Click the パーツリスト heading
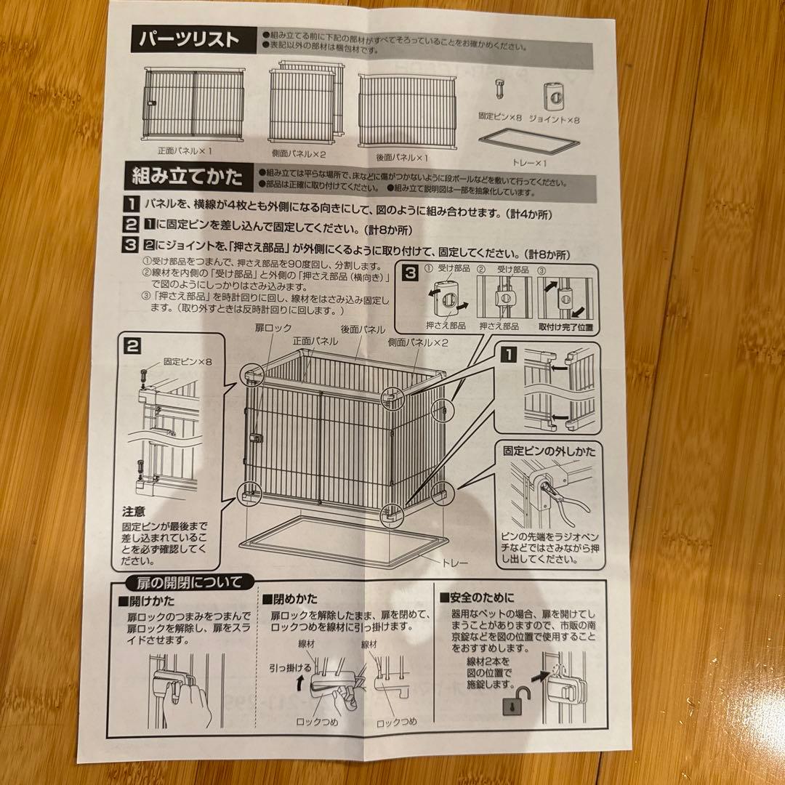(x=188, y=39)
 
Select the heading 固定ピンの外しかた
(x=550, y=451)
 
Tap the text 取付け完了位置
(x=565, y=327)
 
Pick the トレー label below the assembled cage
(x=455, y=563)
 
